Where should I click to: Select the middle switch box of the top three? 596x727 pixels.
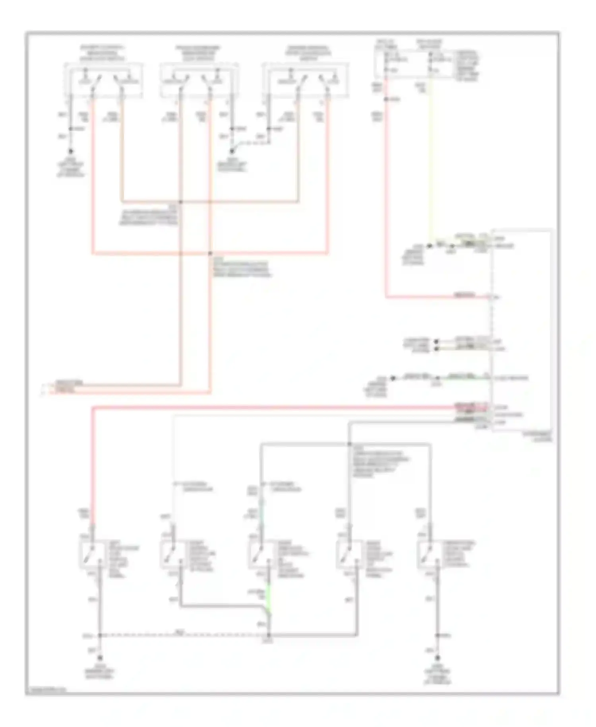[199, 80]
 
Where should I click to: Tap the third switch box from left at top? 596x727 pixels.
[306, 80]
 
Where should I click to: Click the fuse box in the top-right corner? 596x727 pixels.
[413, 64]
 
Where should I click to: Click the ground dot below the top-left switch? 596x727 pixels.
[71, 152]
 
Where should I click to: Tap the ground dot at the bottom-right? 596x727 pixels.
[438, 658]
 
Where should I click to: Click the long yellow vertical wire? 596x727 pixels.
[431, 159]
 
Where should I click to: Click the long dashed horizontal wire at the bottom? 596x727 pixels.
[183, 635]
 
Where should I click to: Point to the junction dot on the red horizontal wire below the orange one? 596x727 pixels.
[210, 253]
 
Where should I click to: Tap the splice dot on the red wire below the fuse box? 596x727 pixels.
[386, 99]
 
